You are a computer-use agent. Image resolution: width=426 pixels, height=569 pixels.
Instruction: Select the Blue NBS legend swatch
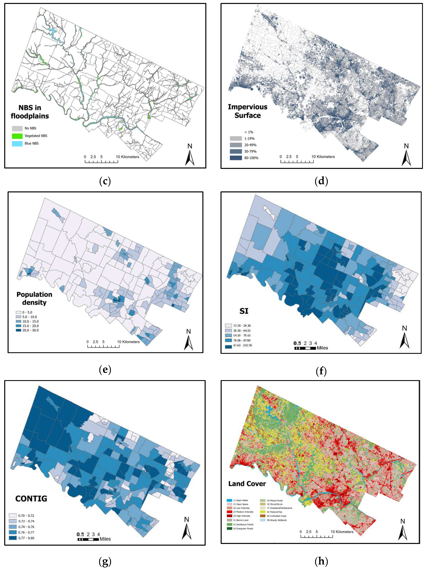(x=17, y=144)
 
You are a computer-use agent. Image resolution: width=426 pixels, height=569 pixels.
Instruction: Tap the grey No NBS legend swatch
(x=17, y=128)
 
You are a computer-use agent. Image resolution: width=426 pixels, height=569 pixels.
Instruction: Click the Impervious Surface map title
(x=247, y=111)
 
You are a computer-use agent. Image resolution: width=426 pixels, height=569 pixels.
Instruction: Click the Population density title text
(x=34, y=298)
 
